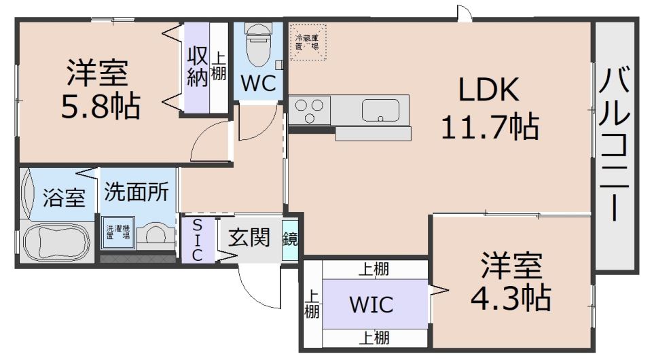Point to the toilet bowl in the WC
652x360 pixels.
259,44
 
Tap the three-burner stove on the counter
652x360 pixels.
310,109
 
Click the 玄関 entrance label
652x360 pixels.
249,237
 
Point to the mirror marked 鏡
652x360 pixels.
290,239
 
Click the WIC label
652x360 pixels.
371,304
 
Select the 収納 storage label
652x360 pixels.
197,66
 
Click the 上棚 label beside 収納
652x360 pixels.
218,67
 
